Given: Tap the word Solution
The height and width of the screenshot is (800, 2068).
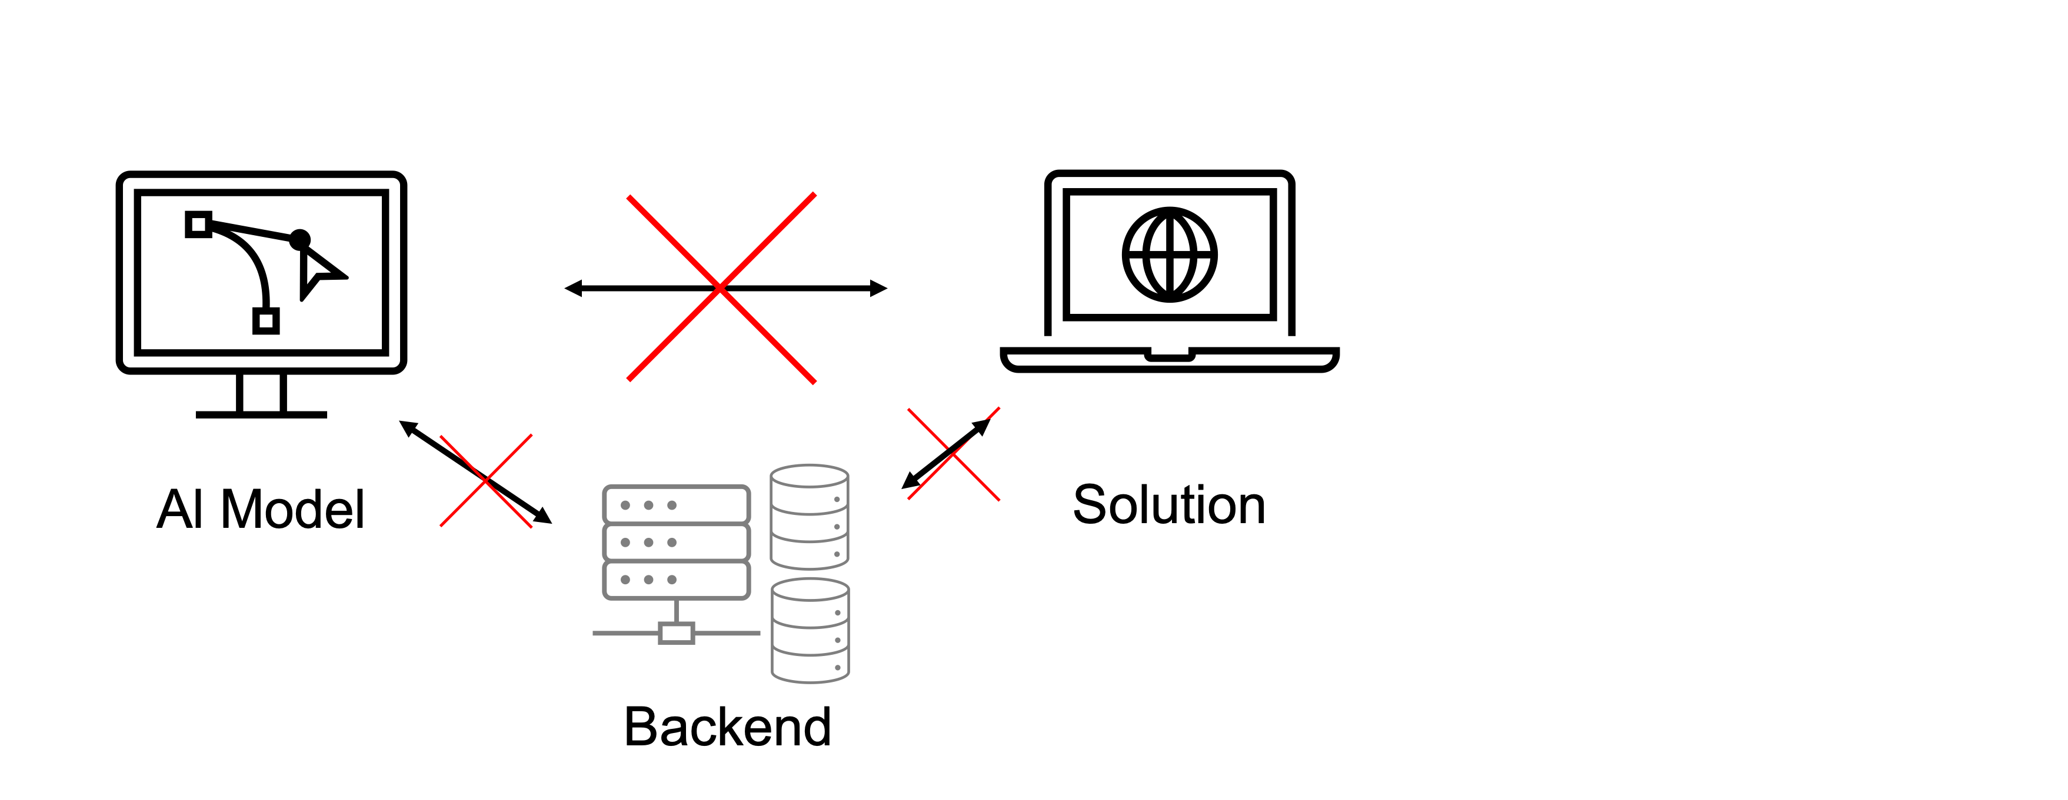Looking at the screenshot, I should click(1169, 505).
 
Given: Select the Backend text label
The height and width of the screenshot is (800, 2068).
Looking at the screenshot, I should click(727, 727).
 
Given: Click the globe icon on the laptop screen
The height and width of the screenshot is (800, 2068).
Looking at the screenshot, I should click(1170, 255).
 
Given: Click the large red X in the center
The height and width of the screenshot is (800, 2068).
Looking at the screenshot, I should click(721, 288).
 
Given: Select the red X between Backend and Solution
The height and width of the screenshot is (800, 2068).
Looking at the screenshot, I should click(954, 454).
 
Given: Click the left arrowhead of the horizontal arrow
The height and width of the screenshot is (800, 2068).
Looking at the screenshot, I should click(573, 288).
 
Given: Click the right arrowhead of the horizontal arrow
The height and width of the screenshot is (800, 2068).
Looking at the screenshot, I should click(879, 288).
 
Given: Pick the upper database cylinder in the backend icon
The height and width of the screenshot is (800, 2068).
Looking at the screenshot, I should click(809, 517).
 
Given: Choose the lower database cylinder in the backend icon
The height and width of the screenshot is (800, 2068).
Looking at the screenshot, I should click(810, 631).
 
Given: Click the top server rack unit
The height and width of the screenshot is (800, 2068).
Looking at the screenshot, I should click(676, 505).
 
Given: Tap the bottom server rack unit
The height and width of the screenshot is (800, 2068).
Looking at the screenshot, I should click(676, 580).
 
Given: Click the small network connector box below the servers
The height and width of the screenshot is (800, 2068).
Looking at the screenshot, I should click(676, 633).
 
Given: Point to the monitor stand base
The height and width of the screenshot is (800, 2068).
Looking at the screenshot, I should click(261, 414).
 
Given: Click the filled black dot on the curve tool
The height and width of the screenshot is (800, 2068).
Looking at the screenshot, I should click(299, 239).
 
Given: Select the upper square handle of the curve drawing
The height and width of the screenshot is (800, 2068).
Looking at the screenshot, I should click(198, 225).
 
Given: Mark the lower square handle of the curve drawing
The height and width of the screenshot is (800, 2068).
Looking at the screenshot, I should click(266, 321).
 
